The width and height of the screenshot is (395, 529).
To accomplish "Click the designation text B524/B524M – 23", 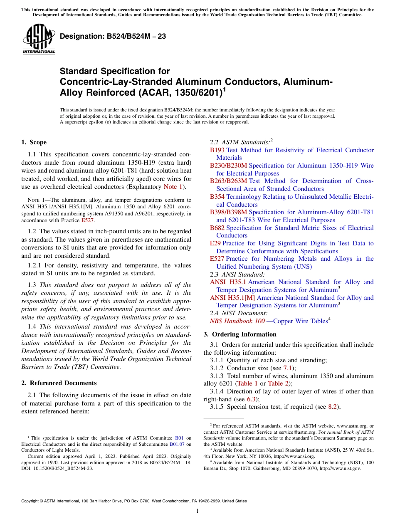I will pos(113,37).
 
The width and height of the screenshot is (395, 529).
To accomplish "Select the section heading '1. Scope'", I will pos(34,142).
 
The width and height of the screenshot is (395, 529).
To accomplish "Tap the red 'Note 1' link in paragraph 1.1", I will pos(173,187).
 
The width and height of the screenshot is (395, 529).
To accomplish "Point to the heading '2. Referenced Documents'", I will pos(59,383).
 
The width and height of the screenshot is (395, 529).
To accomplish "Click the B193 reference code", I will pos(217,150).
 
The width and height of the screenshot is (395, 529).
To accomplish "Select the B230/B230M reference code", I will pos(228,166).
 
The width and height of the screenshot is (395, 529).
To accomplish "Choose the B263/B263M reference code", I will pos(228,181).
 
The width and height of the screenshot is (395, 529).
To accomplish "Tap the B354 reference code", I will pos(217,197).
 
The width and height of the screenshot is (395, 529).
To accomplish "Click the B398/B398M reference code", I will pos(228,212).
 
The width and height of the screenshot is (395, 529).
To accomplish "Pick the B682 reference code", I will pos(217,228).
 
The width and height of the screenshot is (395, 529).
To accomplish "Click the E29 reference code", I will pos(215,243).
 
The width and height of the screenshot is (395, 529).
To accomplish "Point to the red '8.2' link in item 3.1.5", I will pos(333,407).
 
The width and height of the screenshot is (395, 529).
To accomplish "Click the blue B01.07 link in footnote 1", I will pos(178,444).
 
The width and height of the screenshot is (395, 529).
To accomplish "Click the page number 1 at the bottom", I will pos(197,511).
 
